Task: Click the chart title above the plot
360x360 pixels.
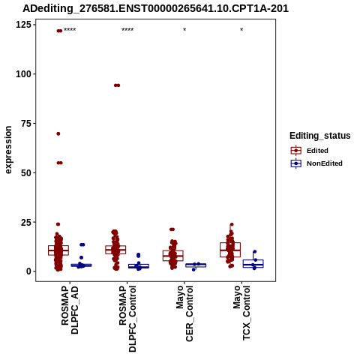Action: pyautogui.click(x=155, y=8)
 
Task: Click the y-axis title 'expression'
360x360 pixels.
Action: pyautogui.click(x=8, y=150)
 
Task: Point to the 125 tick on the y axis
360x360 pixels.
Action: pyautogui.click(x=23, y=25)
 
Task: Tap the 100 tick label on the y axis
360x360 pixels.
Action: pyautogui.click(x=23, y=74)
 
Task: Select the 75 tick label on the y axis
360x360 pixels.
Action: pyautogui.click(x=26, y=123)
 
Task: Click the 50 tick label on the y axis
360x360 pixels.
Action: pyautogui.click(x=26, y=172)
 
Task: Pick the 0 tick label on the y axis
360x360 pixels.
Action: pyautogui.click(x=29, y=271)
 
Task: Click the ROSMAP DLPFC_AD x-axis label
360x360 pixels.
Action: pyautogui.click(x=70, y=310)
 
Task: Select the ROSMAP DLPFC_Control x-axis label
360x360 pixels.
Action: pyautogui.click(x=127, y=319)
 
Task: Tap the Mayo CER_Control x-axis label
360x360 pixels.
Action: pyautogui.click(x=184, y=313)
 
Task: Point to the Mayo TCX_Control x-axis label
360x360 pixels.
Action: pyautogui.click(x=241, y=313)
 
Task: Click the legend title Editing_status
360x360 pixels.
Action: pyautogui.click(x=320, y=136)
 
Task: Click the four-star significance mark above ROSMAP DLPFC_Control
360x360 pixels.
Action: pyautogui.click(x=127, y=30)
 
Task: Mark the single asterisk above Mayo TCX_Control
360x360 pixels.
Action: pyautogui.click(x=241, y=30)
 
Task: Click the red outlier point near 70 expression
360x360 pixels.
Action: pyautogui.click(x=58, y=133)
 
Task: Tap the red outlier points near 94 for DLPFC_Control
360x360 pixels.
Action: pyautogui.click(x=117, y=85)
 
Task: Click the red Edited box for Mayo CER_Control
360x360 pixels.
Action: pyautogui.click(x=173, y=256)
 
